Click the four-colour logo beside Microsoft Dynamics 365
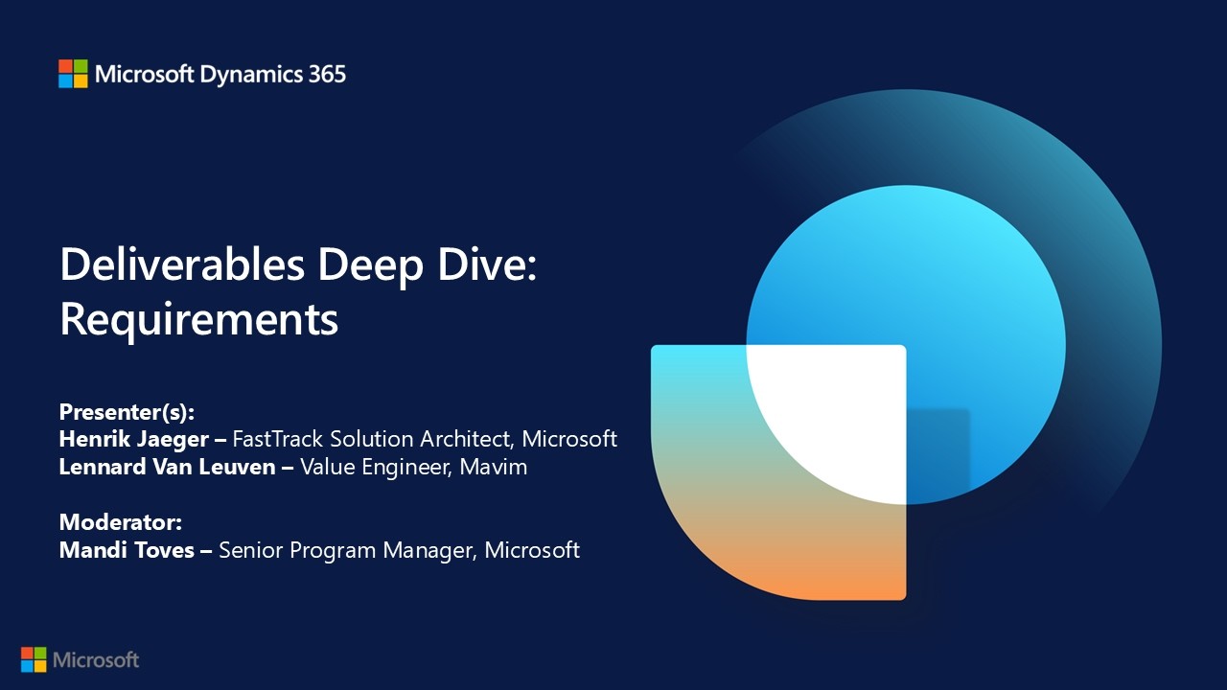click(x=73, y=74)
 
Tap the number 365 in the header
click(x=327, y=75)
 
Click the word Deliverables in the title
click(x=182, y=264)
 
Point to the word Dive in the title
click(x=487, y=264)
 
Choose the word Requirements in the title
click(x=198, y=320)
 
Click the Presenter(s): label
click(x=127, y=412)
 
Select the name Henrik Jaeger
click(x=133, y=440)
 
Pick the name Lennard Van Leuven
click(x=167, y=467)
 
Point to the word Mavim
click(x=493, y=467)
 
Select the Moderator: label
click(x=121, y=522)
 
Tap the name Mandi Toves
click(x=127, y=550)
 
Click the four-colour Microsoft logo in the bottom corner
click(x=34, y=659)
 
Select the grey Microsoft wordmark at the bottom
click(x=96, y=660)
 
